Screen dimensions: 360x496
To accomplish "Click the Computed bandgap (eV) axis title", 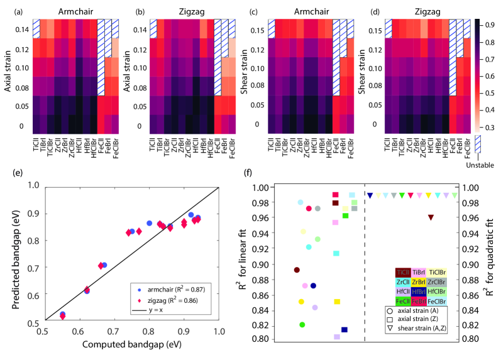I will coord(131,344).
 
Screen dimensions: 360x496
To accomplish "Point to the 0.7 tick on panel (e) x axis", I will coord(114,329).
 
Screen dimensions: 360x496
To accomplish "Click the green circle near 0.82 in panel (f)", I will coord(302,325).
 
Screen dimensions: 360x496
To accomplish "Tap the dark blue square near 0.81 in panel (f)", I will coord(344,330).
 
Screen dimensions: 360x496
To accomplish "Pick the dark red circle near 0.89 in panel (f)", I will coord(297,270).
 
